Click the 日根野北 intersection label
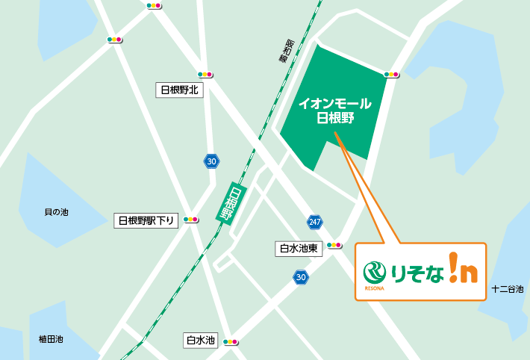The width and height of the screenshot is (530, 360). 179,90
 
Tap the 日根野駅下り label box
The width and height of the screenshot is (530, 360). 146,220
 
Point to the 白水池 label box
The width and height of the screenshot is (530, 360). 200,341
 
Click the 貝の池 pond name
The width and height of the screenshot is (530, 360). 56,213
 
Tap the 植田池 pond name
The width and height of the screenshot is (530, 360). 52,339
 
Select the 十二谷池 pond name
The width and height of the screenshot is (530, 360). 508,289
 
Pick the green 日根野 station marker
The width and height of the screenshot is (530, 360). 232,202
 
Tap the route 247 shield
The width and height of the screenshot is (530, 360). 314,222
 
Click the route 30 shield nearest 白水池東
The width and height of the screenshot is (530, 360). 300,278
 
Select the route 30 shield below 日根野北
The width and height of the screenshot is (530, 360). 212,161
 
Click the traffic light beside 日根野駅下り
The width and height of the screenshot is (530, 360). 190,220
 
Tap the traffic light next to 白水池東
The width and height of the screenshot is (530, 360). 334,244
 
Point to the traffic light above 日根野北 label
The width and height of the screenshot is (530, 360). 205,75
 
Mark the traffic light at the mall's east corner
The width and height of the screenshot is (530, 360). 390,75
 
